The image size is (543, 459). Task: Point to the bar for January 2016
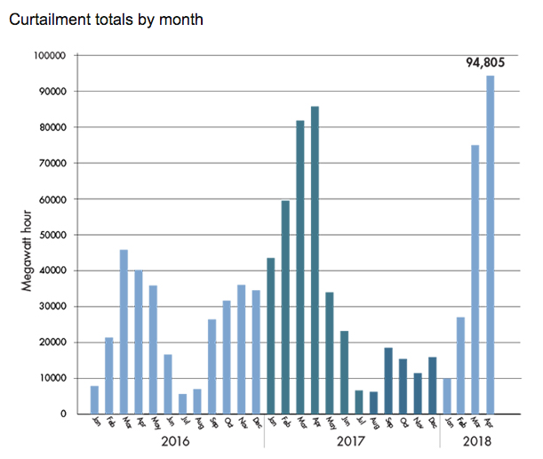pos(94,399)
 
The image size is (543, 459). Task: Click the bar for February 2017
pos(285,307)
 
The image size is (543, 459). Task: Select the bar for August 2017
pos(373,403)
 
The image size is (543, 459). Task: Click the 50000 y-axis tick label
pos(52,235)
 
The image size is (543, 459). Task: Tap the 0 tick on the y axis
pos(64,414)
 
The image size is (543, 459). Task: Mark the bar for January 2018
pos(446,396)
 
